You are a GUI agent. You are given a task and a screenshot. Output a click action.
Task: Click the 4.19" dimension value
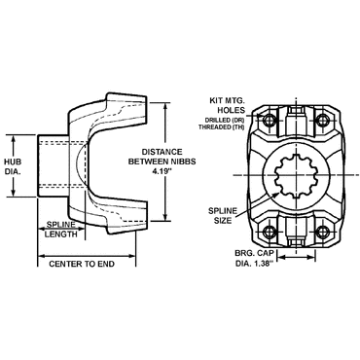pyautogui.click(x=162, y=171)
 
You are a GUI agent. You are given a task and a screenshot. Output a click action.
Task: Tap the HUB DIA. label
pyautogui.click(x=13, y=166)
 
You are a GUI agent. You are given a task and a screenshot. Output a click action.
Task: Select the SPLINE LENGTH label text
pyautogui.click(x=61, y=229)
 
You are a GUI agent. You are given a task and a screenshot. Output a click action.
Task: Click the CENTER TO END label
pyautogui.click(x=82, y=264)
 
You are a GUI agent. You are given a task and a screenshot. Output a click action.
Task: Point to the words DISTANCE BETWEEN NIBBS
pyautogui.click(x=162, y=157)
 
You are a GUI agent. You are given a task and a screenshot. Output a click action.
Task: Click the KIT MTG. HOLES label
pyautogui.click(x=227, y=105)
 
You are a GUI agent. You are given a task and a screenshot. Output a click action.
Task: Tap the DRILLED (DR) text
pyautogui.click(x=227, y=120)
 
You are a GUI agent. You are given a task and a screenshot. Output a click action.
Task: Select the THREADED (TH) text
pyautogui.click(x=222, y=127)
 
